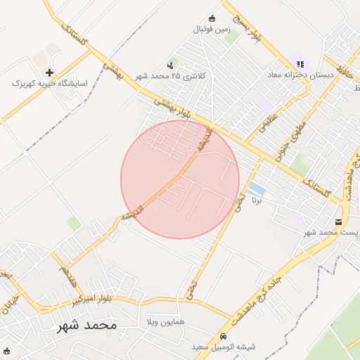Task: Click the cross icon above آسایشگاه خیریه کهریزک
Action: [49, 72]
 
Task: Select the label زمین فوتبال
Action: [212, 30]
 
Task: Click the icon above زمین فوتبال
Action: [212, 19]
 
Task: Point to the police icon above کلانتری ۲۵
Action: [172, 65]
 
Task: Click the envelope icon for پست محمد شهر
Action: [339, 222]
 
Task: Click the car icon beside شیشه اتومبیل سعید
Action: [224, 337]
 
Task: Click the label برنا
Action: [257, 200]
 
